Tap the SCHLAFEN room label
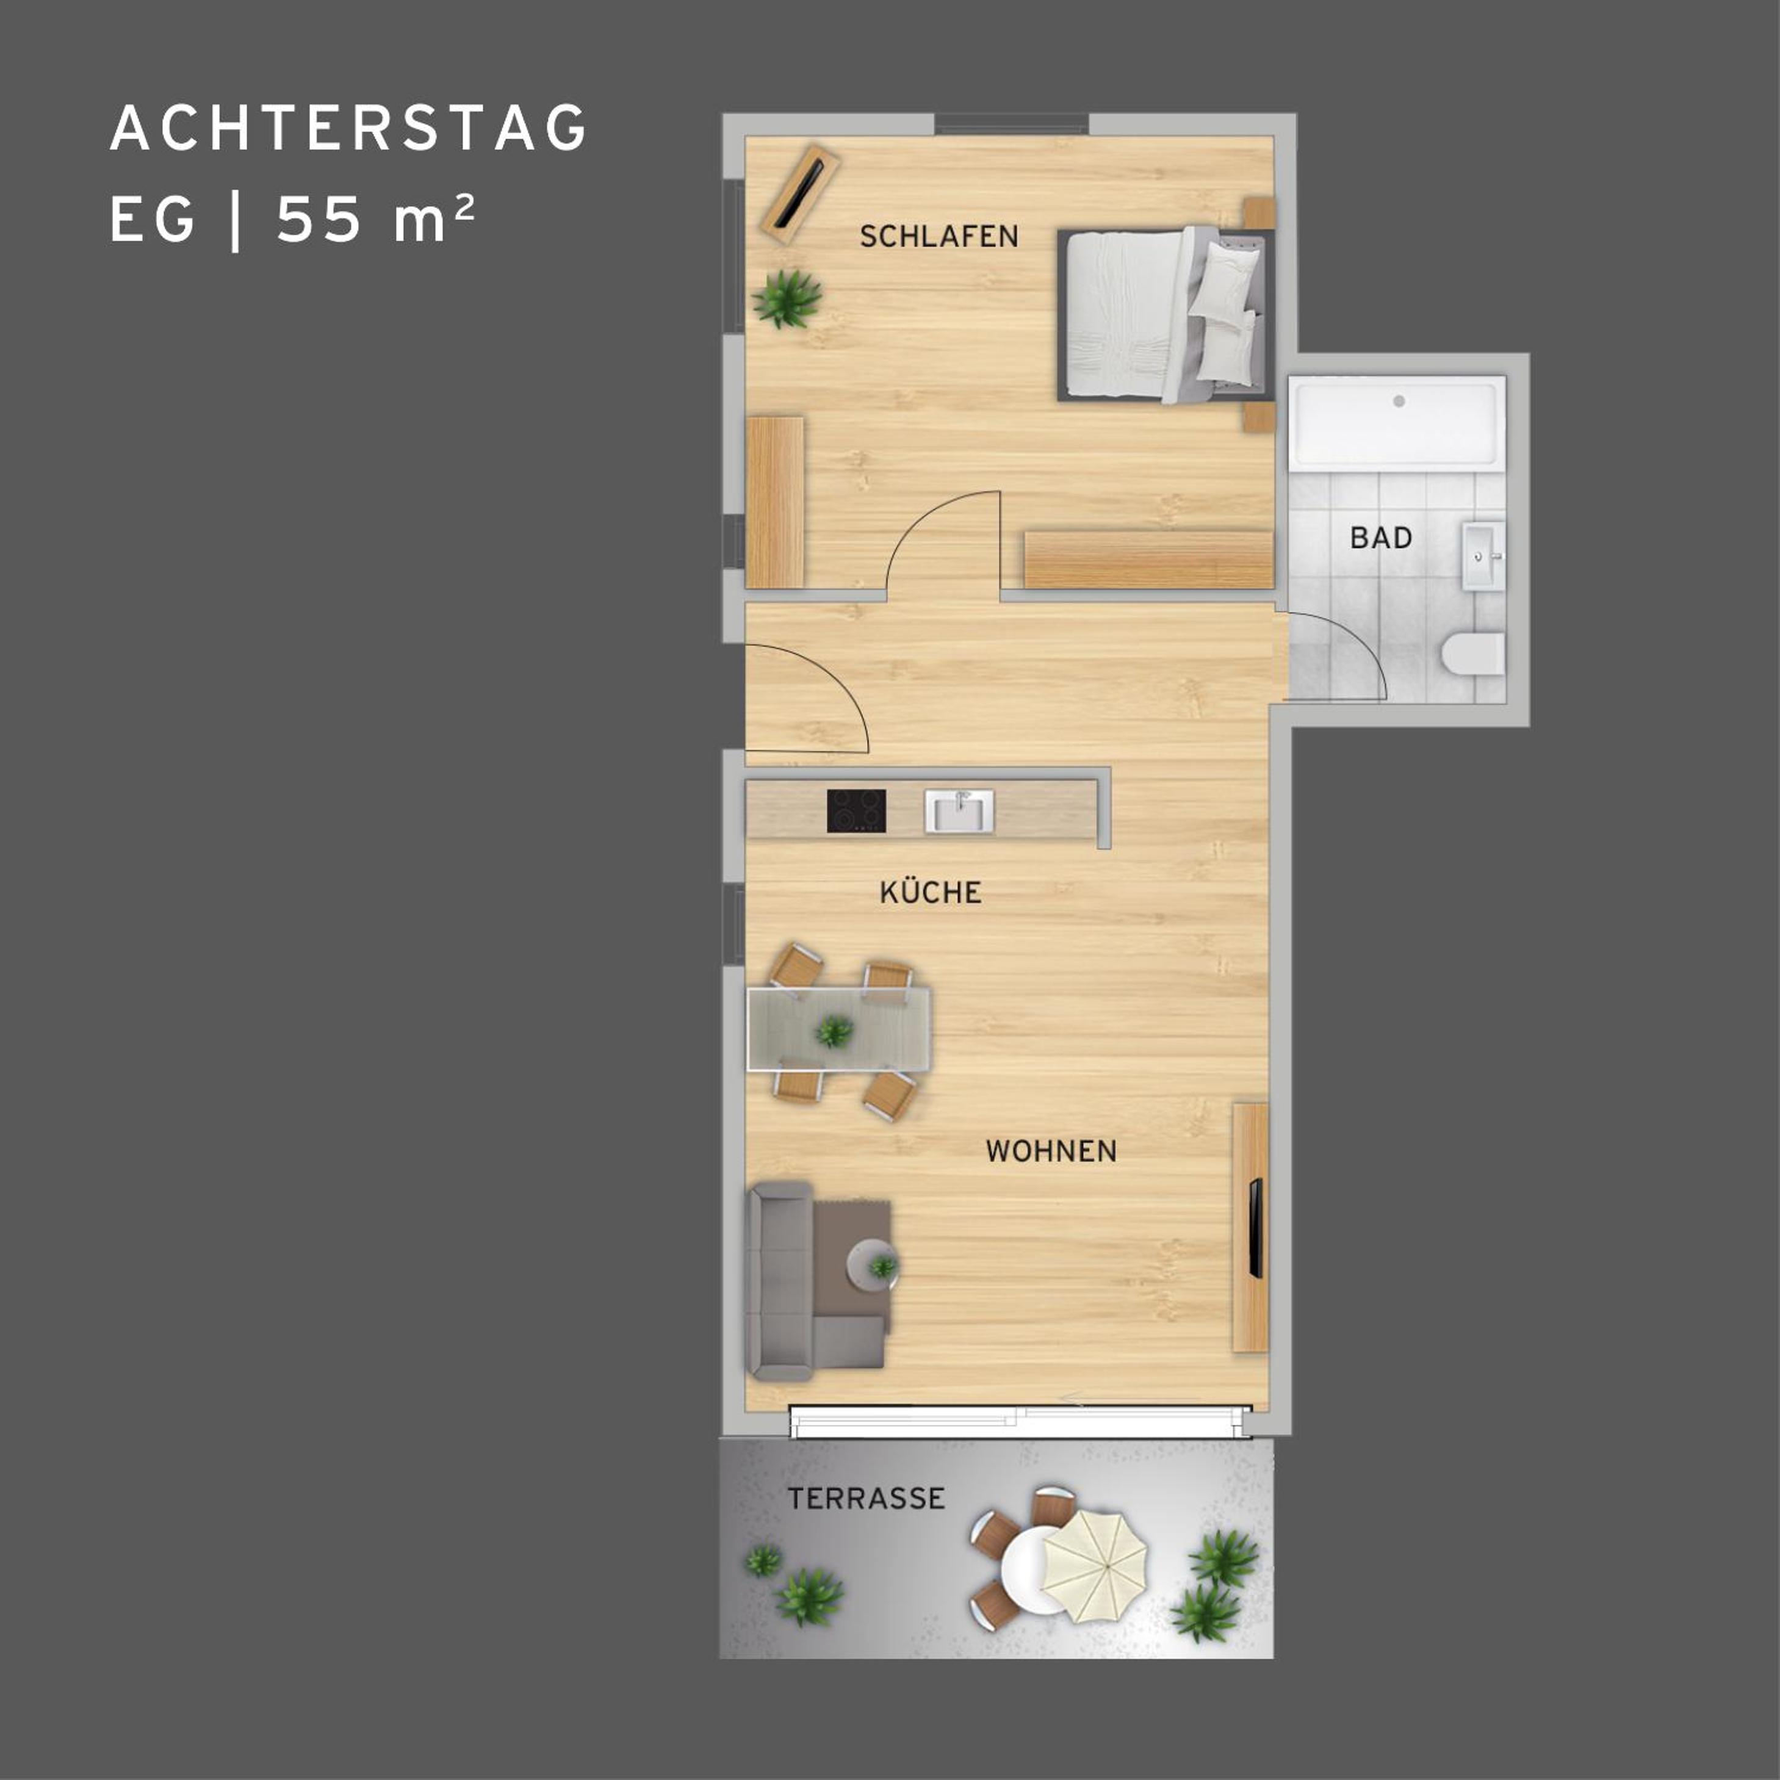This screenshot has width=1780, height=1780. click(x=939, y=237)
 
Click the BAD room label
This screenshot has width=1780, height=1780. click(x=1380, y=538)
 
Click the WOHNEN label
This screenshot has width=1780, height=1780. click(x=1051, y=1151)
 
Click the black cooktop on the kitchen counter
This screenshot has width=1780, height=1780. click(x=856, y=811)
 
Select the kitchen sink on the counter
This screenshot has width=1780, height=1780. click(x=959, y=811)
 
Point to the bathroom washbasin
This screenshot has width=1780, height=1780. click(x=1483, y=555)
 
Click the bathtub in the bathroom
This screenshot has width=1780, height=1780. click(x=1397, y=423)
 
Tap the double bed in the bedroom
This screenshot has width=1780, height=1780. click(x=1166, y=315)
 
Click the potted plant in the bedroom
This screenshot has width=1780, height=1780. click(x=787, y=298)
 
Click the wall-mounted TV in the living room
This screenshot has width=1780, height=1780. click(x=1255, y=1228)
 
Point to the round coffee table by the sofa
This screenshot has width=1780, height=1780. click(x=871, y=1265)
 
